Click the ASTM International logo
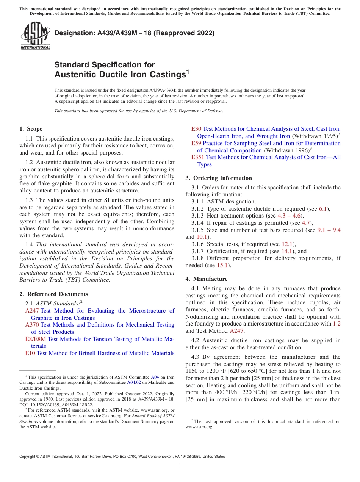click(x=35, y=36)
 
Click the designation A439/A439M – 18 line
click(x=135, y=33)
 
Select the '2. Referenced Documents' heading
click(x=53, y=294)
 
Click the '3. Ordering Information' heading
click(x=219, y=178)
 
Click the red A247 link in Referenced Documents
click(x=32, y=311)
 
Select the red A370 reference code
click(x=32, y=325)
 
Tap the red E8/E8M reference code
click(x=36, y=339)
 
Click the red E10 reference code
click(x=30, y=353)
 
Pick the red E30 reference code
click(x=196, y=129)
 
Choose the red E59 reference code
click(x=196, y=143)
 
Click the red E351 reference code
click(x=198, y=157)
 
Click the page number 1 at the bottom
click(x=180, y=466)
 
